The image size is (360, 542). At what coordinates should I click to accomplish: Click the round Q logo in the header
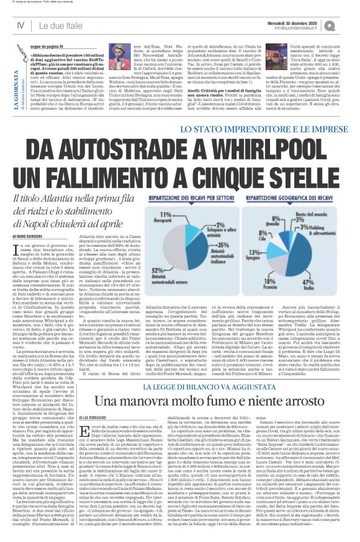coord(347,25)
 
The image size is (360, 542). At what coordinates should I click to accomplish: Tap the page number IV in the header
coord(20,25)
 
